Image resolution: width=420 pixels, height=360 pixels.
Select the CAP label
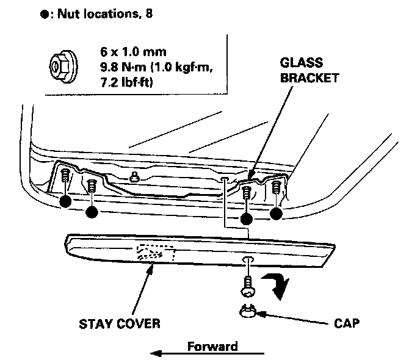point(347,323)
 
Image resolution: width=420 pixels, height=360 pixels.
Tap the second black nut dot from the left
point(92,212)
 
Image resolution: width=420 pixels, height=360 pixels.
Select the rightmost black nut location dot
point(277,213)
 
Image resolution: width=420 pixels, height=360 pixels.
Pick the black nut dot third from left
point(247,218)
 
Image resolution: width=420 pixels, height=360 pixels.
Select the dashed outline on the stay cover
point(157,253)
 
